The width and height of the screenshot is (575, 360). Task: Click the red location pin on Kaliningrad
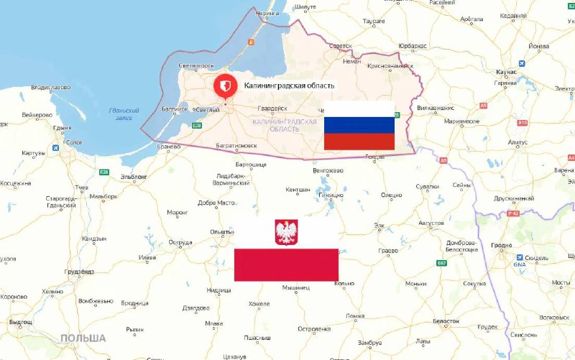(224, 86)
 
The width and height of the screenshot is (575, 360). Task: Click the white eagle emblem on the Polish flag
(286, 232)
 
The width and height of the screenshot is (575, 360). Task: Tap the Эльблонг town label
(133, 176)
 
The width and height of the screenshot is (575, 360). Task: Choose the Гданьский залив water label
(119, 113)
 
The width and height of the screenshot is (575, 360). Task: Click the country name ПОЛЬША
(83, 338)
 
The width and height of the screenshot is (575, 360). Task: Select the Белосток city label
(446, 320)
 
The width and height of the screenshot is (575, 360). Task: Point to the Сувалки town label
(427, 186)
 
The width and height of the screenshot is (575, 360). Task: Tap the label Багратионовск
(236, 145)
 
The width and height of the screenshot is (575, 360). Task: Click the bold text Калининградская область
(289, 86)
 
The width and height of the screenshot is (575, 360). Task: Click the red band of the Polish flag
(286, 264)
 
